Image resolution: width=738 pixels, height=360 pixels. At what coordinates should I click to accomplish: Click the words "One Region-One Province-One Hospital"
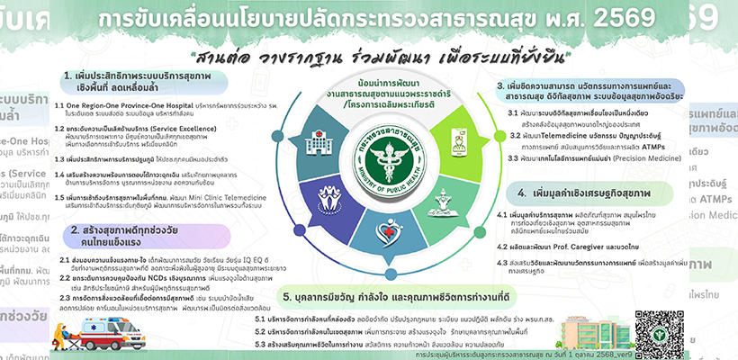[126, 105]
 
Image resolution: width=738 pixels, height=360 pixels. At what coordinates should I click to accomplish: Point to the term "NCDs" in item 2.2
[195, 279]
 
